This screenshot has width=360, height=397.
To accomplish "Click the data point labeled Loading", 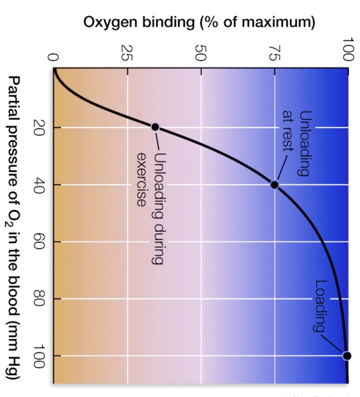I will (347, 356).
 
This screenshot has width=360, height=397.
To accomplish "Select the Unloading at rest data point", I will (274, 185).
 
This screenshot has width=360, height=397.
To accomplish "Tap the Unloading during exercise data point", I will (155, 127).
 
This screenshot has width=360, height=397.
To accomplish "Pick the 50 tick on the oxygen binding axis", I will (200, 53).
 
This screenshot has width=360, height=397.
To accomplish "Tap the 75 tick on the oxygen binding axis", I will (274, 53).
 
